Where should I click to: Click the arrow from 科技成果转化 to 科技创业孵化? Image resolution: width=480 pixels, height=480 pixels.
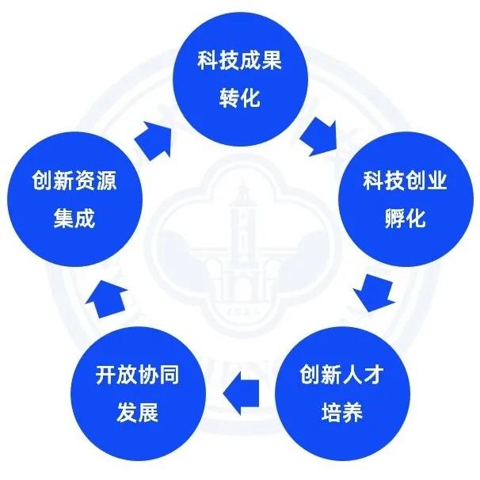322,131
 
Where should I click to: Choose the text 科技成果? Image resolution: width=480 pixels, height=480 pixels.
239,60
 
